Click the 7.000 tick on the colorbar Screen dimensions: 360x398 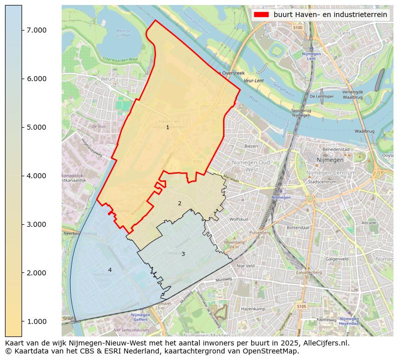click(37, 30)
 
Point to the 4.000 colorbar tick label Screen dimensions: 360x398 click(37, 176)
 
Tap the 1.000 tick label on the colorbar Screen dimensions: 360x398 click(37, 321)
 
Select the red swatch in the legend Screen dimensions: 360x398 click(262, 15)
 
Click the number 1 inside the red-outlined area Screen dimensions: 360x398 click(167, 128)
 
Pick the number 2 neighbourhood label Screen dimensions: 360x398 click(179, 203)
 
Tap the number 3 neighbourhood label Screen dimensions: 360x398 click(183, 254)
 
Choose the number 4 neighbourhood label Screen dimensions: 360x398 click(110, 270)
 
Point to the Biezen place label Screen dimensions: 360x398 click(251, 146)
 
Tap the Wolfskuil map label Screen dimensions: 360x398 click(239, 219)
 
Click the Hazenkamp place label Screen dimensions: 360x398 click(253, 309)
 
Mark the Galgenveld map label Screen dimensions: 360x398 click(337, 259)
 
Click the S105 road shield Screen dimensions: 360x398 click(301, 306)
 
